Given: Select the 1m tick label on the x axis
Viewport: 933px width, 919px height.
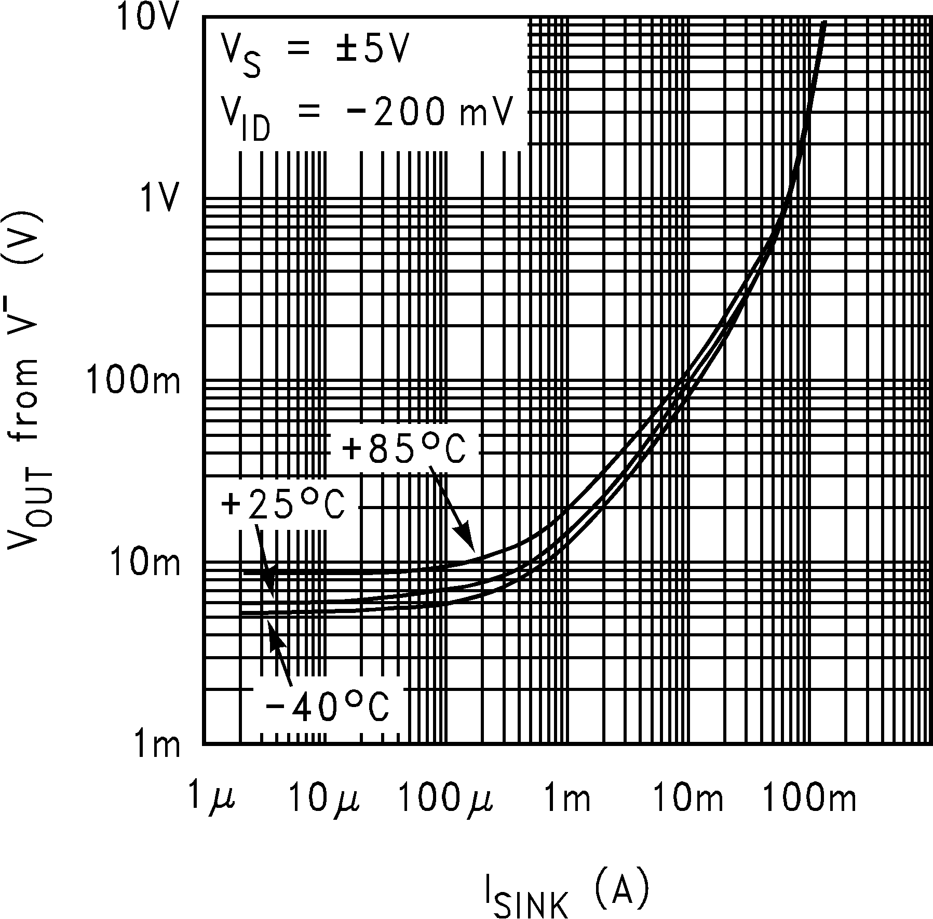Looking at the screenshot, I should click(x=567, y=798).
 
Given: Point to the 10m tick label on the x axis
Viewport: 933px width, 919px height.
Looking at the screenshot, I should click(x=686, y=798).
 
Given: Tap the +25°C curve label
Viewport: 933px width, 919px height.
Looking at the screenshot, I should click(x=283, y=505).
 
